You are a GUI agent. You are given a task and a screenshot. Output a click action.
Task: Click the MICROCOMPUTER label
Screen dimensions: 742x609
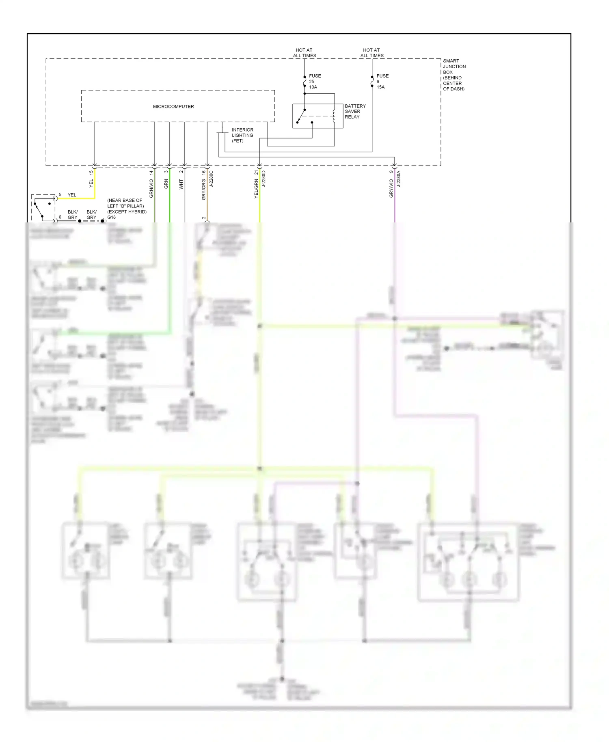[173, 106]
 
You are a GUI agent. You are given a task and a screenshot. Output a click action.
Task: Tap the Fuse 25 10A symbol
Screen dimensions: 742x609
[304, 82]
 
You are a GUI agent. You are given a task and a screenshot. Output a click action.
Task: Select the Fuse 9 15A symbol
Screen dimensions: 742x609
[372, 82]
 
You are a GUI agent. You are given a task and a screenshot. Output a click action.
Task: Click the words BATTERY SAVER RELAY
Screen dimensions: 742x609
[355, 111]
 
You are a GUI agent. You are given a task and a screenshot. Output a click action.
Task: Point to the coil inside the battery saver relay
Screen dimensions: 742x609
[334, 116]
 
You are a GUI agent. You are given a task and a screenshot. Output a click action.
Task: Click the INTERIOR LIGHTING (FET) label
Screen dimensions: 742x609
[242, 135]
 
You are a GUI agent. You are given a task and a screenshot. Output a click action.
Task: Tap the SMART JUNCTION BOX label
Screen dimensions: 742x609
[454, 75]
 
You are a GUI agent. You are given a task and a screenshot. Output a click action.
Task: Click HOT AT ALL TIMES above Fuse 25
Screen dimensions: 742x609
[304, 53]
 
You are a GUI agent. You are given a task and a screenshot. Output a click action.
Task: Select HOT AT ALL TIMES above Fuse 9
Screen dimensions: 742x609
[371, 53]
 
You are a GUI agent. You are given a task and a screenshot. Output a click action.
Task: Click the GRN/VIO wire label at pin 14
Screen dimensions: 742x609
[151, 188]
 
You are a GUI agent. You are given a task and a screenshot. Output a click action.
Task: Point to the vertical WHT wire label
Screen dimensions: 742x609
[181, 184]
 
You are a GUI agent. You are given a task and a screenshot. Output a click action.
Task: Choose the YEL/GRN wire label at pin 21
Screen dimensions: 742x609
[256, 189]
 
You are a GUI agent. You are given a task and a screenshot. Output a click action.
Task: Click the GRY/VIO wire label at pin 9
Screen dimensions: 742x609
[391, 189]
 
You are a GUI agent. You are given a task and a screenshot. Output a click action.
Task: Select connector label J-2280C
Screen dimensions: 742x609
[211, 179]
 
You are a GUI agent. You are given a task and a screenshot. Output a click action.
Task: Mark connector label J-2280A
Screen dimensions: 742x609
[399, 179]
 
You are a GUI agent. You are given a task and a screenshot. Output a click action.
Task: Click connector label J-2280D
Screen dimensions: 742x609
[263, 179]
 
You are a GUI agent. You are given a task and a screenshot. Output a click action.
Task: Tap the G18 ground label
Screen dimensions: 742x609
[112, 217]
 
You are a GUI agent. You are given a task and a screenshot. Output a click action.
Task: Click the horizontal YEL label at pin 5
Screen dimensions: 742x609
[72, 195]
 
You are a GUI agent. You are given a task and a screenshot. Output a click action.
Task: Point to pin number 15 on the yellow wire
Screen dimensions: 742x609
[91, 173]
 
